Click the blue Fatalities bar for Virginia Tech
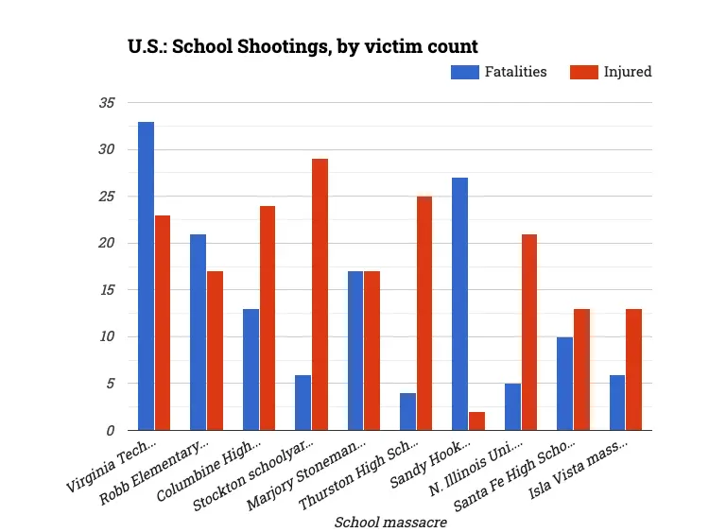click(x=146, y=276)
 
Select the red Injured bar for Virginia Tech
click(x=163, y=322)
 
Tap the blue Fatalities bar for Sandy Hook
click(x=459, y=303)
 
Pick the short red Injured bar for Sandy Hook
click(x=476, y=420)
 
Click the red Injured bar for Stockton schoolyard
click(x=320, y=294)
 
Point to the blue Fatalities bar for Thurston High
click(x=407, y=411)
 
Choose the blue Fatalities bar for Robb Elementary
click(x=198, y=332)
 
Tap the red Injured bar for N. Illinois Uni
click(x=529, y=332)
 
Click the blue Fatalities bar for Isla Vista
click(x=616, y=402)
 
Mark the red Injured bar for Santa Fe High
click(x=581, y=369)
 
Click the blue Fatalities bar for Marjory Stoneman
click(x=355, y=351)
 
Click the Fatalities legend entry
click(x=499, y=72)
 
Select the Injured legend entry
click(x=612, y=72)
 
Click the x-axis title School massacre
click(x=390, y=522)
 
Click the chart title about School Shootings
click(x=303, y=45)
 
